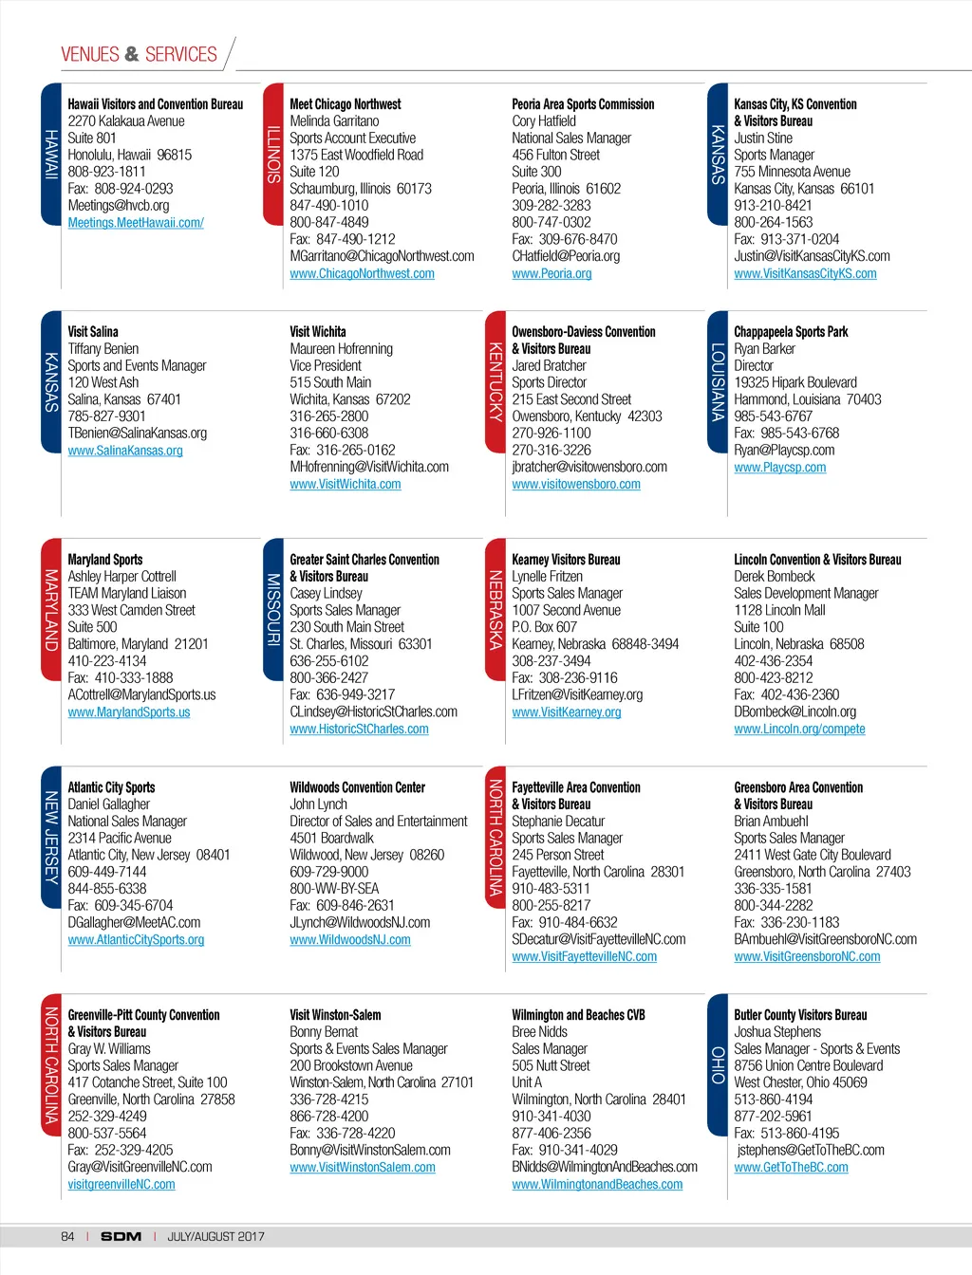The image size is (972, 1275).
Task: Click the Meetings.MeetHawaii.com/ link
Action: click(136, 223)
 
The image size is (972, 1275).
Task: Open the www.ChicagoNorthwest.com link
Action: click(362, 274)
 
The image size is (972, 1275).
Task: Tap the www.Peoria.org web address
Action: click(551, 274)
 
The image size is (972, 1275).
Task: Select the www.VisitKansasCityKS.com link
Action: click(805, 274)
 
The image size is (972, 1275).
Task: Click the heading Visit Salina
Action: click(93, 332)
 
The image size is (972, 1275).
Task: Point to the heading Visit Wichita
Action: click(317, 332)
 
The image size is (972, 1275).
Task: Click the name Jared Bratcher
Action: click(549, 366)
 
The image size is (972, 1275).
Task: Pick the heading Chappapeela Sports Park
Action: click(791, 332)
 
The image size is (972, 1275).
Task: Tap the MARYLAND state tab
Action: click(51, 610)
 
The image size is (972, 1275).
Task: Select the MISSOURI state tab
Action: click(273, 610)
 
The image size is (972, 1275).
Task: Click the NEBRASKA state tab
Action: click(495, 610)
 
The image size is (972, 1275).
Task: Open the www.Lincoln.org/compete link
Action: click(799, 730)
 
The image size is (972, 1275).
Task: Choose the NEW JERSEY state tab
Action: click(51, 838)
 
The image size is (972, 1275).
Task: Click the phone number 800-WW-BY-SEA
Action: click(334, 889)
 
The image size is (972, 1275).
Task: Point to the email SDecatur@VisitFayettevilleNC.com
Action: click(598, 939)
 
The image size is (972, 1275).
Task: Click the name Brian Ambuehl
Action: click(771, 822)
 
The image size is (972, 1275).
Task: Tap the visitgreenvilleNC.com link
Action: click(121, 1185)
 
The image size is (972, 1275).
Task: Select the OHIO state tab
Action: click(718, 1064)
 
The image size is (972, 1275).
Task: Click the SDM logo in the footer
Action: click(121, 1237)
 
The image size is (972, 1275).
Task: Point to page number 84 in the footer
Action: click(67, 1237)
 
